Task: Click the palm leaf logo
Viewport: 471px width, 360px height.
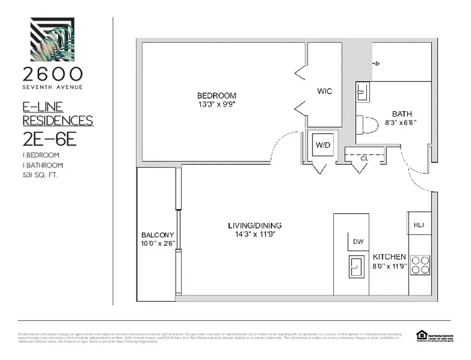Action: point(52,39)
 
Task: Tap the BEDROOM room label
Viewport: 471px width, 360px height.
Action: point(216,95)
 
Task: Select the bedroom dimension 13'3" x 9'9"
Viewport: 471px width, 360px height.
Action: point(216,104)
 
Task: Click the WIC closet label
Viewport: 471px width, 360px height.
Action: point(324,91)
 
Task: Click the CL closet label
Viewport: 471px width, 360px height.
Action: point(365,158)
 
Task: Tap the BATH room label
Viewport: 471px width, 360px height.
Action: point(402,114)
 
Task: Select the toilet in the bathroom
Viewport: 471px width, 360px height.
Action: point(368,124)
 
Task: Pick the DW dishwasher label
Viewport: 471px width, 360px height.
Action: point(358,242)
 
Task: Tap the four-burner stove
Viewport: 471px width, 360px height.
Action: point(420,265)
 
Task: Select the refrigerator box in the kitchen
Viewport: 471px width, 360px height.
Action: point(419,223)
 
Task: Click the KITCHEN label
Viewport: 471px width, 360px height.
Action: point(389,257)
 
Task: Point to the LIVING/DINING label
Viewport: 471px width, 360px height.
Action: point(254,225)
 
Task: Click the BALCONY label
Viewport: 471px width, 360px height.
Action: point(158,235)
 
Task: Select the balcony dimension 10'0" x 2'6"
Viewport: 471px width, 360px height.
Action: point(158,243)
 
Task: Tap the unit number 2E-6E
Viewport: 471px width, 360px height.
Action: point(50,139)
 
